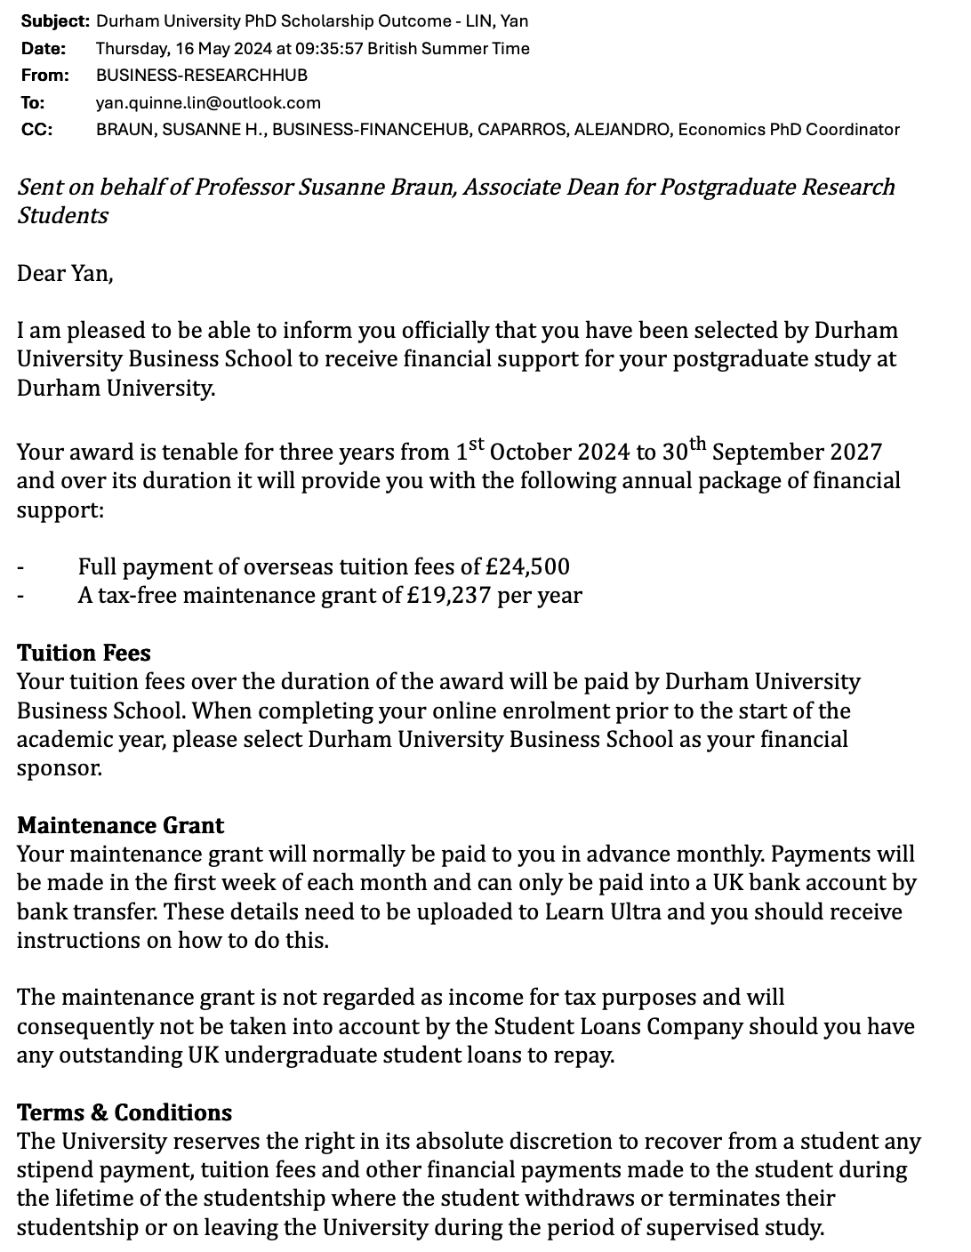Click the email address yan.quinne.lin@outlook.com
208,102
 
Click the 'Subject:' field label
54,20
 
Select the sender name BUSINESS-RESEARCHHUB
201,75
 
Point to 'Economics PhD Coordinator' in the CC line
789,129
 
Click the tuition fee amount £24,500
528,566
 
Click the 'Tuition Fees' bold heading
84,653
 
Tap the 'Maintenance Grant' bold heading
120,825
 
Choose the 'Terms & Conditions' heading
124,1112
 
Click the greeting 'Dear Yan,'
65,272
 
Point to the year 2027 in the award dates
857,452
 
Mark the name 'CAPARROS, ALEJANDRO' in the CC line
573,129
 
